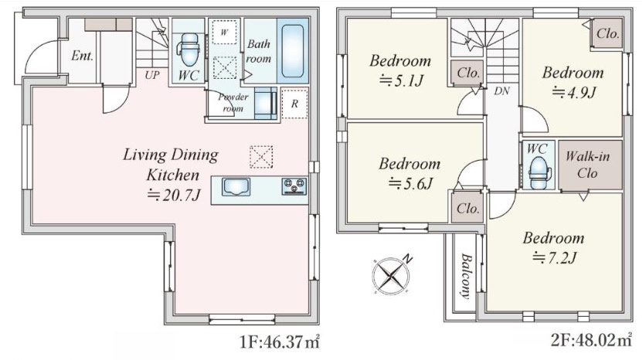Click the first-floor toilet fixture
coord(189,49)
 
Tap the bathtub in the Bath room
coord(293,50)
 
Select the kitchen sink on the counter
coord(236,187)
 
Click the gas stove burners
coord(294,186)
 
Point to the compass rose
coord(392,274)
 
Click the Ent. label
coord(83,56)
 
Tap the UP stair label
coord(151,75)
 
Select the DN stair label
coord(501,91)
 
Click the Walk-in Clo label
coord(588,165)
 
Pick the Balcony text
coord(465,276)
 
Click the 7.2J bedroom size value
coord(555,257)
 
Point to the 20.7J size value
coord(174,195)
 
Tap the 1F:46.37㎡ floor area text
coord(279,341)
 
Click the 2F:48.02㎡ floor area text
coord(591,340)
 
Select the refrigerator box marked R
coord(294,104)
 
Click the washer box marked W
coord(224,32)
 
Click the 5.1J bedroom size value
coord(401,80)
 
